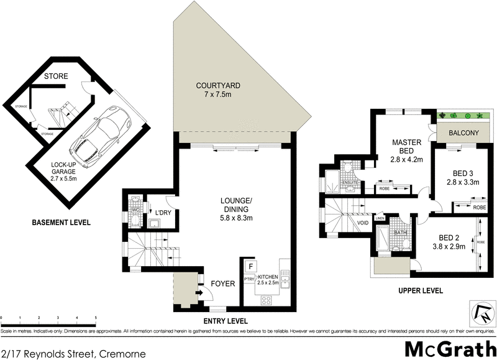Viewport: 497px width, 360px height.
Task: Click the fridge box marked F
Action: [x=250, y=266]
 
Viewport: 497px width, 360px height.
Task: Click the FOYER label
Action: [x=223, y=284]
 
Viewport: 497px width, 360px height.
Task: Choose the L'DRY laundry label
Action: [x=163, y=213]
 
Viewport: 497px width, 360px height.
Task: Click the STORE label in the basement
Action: [x=56, y=76]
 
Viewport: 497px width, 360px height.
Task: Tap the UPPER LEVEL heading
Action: [x=421, y=290]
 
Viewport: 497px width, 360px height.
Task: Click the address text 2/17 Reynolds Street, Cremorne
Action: [x=73, y=354]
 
